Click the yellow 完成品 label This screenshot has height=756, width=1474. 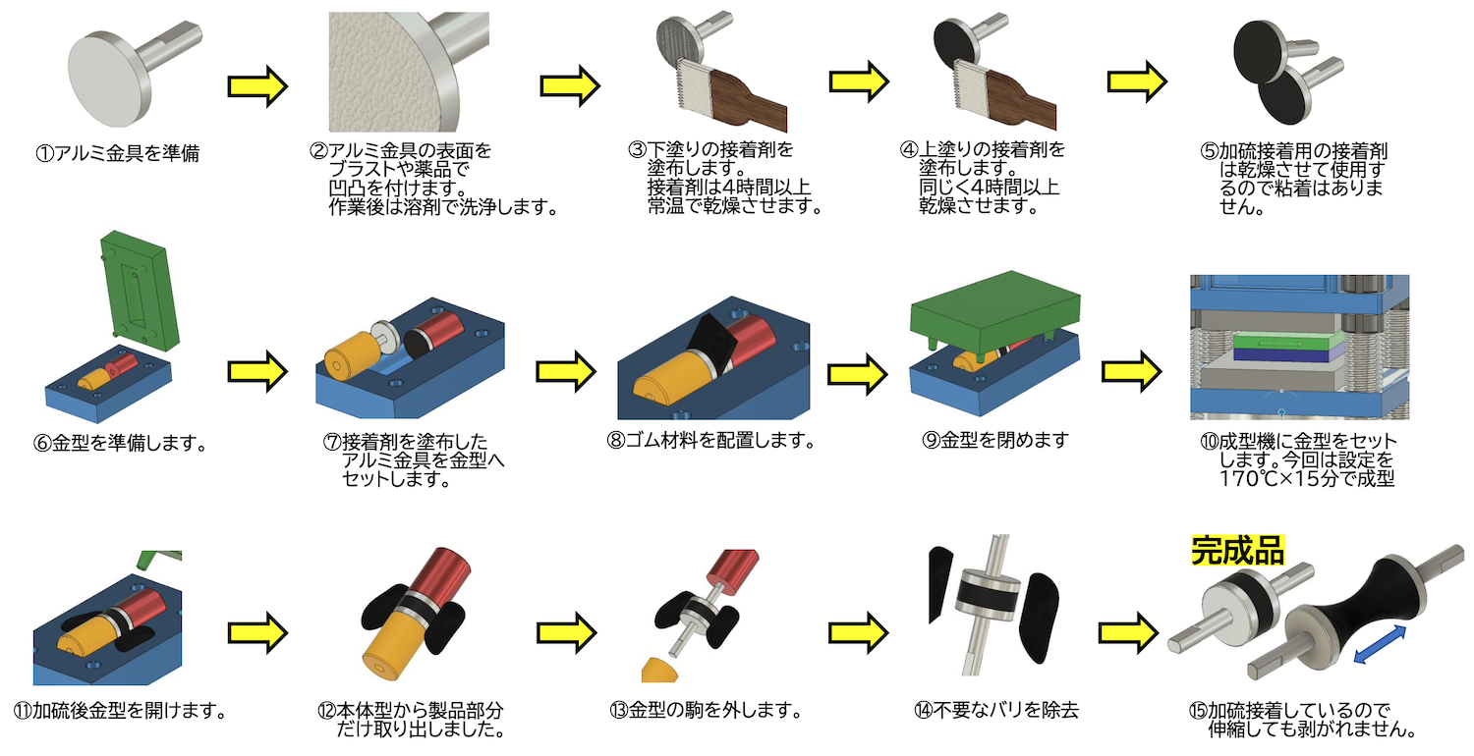click(1237, 551)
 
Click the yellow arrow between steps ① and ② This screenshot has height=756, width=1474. click(256, 86)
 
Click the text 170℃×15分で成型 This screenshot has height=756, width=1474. click(1306, 480)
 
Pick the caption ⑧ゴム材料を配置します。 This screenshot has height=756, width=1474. click(711, 440)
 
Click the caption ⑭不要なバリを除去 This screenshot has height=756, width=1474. click(1004, 709)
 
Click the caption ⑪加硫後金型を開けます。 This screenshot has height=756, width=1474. click(120, 709)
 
